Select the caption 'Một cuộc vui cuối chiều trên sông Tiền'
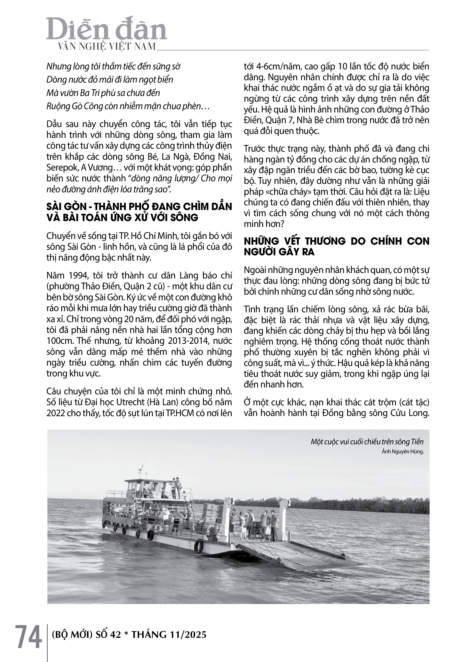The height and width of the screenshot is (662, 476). tap(367, 442)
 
